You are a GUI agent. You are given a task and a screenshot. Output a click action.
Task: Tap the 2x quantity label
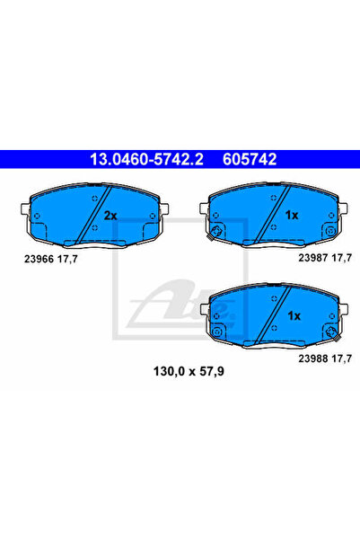tap(110, 216)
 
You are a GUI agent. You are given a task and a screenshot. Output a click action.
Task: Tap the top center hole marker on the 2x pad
tap(95, 199)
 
